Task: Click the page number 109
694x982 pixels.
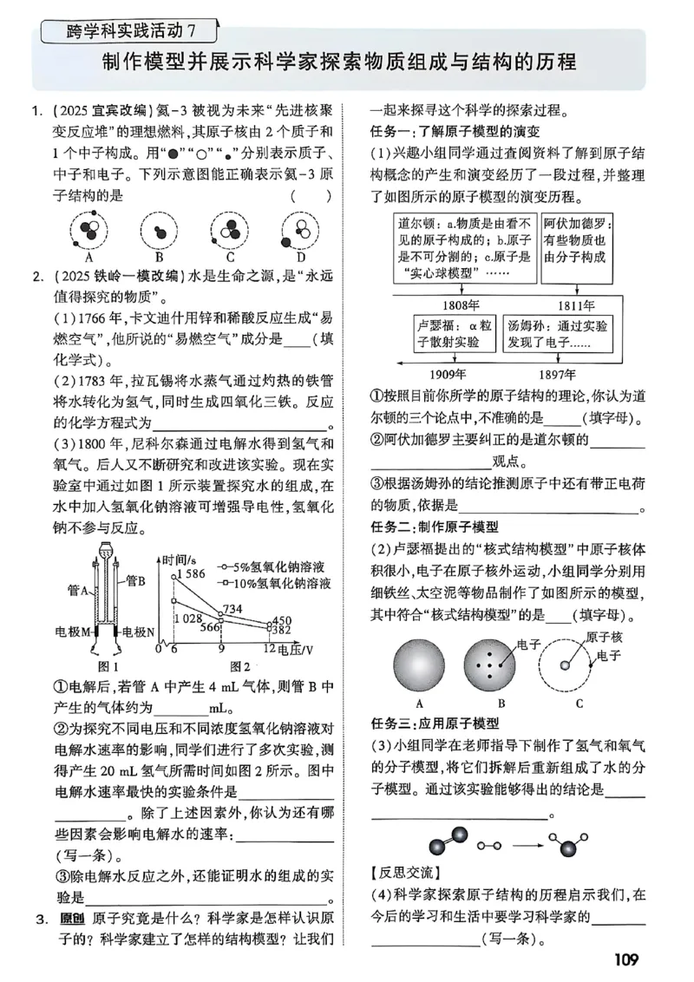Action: [625, 959]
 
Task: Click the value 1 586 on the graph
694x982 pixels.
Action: [188, 573]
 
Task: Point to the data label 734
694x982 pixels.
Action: [232, 608]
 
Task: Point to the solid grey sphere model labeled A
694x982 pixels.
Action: [419, 665]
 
